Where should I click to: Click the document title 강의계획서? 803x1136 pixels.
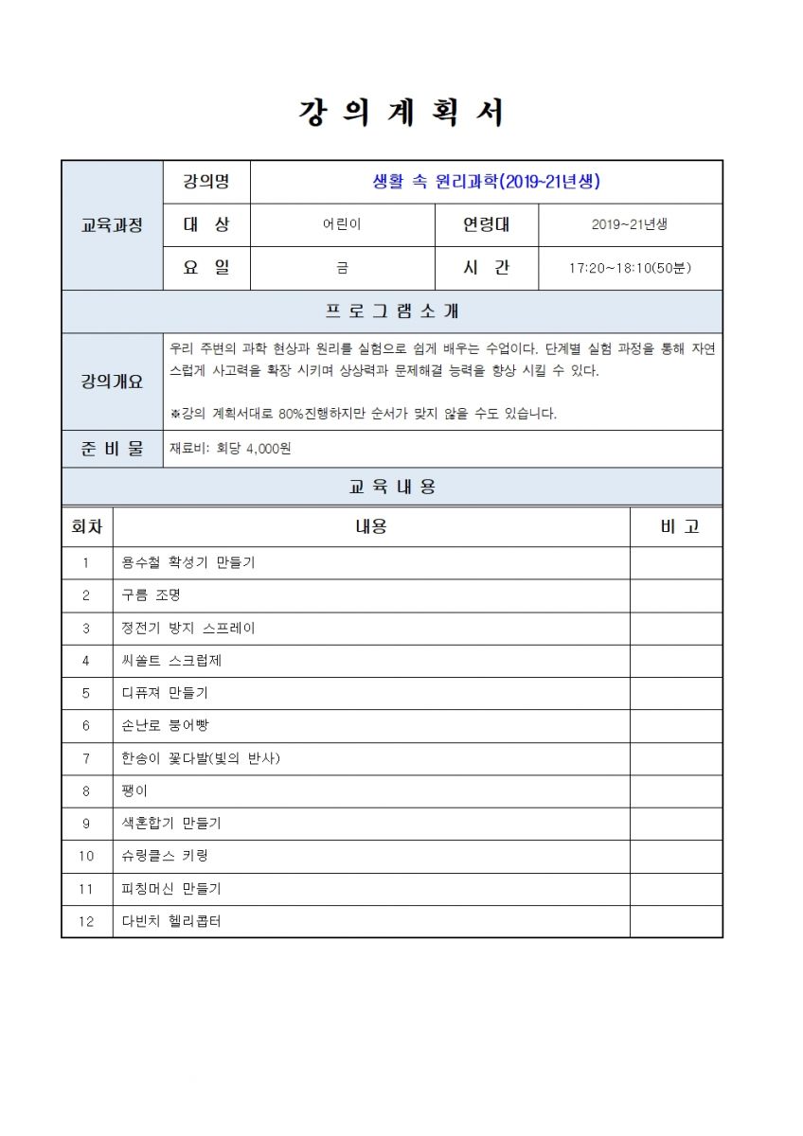click(401, 113)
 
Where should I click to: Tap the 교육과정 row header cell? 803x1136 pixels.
click(112, 225)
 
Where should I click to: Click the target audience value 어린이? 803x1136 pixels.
click(342, 225)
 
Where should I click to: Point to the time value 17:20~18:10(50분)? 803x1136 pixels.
click(630, 269)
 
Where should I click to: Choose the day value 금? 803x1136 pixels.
click(342, 269)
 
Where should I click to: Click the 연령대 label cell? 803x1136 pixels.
click(486, 225)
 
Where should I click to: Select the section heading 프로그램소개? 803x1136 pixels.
click(392, 311)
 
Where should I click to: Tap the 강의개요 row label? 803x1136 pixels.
click(112, 382)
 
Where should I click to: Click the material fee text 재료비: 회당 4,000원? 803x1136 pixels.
click(230, 449)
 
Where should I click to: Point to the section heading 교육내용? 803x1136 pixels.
click(392, 487)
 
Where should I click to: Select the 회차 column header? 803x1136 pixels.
click(87, 526)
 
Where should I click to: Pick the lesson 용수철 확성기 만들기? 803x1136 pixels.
click(188, 562)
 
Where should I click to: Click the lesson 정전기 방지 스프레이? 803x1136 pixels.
click(188, 628)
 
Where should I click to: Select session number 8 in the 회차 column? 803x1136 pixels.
click(86, 790)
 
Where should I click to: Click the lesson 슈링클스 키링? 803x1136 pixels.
click(165, 856)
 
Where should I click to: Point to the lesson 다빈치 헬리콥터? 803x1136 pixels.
click(171, 921)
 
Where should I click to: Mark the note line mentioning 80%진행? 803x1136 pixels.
click(363, 414)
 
